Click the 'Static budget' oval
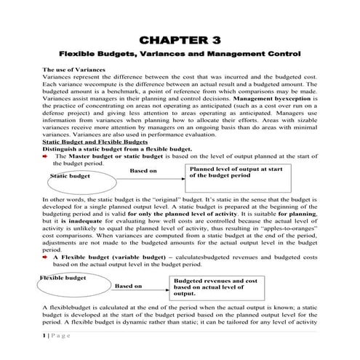click(70, 176)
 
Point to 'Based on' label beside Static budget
click(143, 171)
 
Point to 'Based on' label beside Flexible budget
click(128, 286)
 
